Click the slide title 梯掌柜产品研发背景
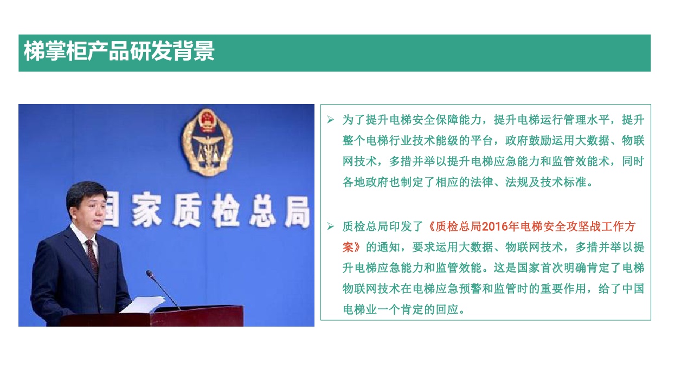tap(119, 51)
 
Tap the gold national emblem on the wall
tap(207, 142)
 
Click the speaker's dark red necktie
tap(92, 257)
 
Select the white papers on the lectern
tap(143, 304)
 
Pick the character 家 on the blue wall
tap(146, 209)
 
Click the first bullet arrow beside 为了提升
tap(331, 120)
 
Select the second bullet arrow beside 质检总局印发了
tap(331, 226)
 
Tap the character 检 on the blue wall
tap(225, 211)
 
